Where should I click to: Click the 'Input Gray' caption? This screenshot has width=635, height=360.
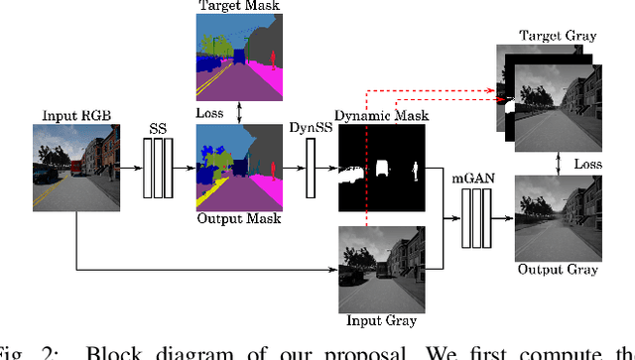382,319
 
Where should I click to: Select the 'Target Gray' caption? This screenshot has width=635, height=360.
558,36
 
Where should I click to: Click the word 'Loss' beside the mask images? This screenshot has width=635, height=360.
209,114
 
